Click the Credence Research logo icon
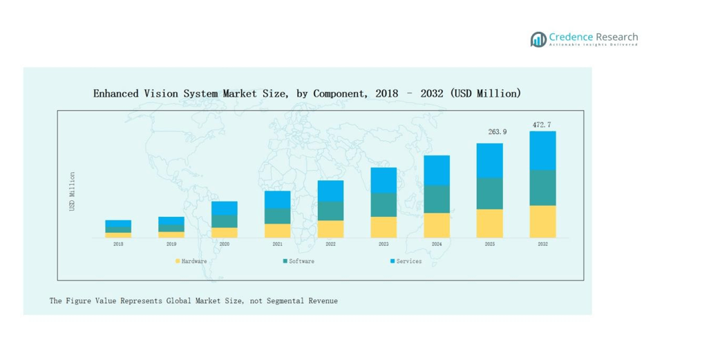pyautogui.click(x=538, y=39)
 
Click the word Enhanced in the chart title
pyautogui.click(x=117, y=93)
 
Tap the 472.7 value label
pyautogui.click(x=542, y=125)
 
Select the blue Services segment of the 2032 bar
pyautogui.click(x=542, y=151)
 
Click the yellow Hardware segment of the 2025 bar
pyautogui.click(x=489, y=223)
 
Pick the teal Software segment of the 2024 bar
pyautogui.click(x=436, y=199)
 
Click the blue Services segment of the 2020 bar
pyautogui.click(x=225, y=208)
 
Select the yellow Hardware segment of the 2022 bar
pyautogui.click(x=330, y=229)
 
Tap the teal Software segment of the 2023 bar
pyautogui.click(x=384, y=205)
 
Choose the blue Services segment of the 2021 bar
pyautogui.click(x=277, y=200)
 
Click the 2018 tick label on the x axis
pyautogui.click(x=118, y=244)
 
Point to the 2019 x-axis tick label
pyautogui.click(x=171, y=244)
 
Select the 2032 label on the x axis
pyautogui.click(x=542, y=244)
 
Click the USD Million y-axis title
pyautogui.click(x=72, y=191)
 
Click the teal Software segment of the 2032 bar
pyautogui.click(x=542, y=188)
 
